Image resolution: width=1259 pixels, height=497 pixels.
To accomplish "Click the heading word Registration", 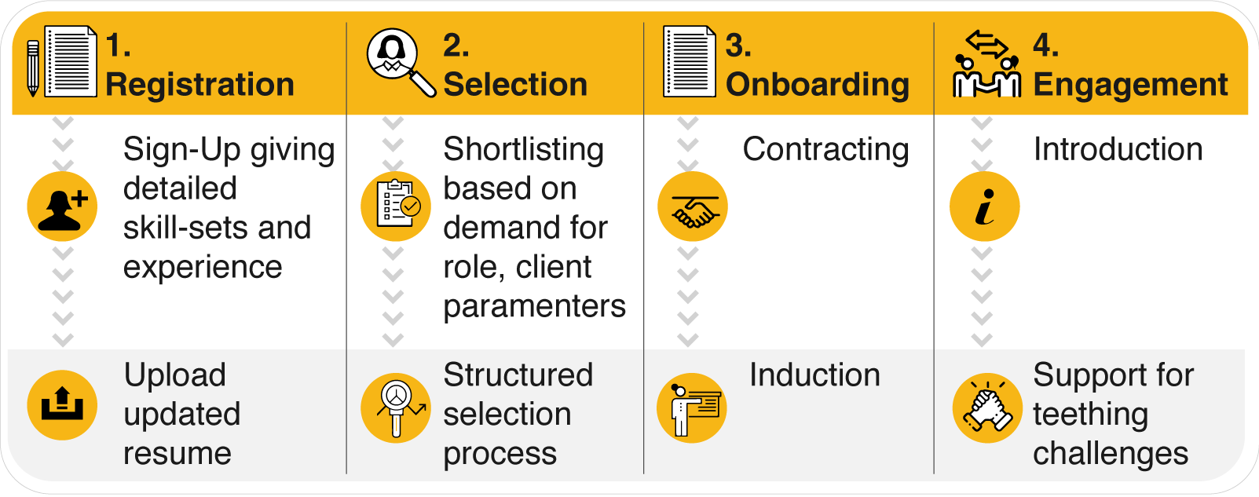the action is tap(199, 85).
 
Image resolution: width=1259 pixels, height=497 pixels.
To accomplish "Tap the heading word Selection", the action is tap(515, 85).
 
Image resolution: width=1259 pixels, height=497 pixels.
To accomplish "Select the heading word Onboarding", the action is tap(818, 86).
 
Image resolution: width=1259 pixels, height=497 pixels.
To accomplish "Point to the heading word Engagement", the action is tap(1130, 86).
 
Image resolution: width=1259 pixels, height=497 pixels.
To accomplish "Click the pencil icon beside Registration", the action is tap(33, 68).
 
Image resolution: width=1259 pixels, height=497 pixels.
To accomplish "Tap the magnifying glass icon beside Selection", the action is tap(401, 62).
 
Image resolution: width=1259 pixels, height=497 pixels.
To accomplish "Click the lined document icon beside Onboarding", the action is tap(690, 61).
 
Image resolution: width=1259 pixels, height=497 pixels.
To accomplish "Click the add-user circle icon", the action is tap(62, 206).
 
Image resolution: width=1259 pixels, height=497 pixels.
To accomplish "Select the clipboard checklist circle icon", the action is tap(396, 206).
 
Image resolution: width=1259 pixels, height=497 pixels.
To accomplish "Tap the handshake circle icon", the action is tap(693, 206).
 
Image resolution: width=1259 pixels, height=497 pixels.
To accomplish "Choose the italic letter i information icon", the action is tap(985, 206).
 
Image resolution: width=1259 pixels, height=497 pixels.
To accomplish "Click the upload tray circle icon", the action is tap(62, 405).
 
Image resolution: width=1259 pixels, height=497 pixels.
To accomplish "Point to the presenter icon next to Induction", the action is tap(692, 408).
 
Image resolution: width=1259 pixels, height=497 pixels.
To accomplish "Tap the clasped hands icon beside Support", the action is tap(987, 408).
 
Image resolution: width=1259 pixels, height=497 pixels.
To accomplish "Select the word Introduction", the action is tap(1118, 149).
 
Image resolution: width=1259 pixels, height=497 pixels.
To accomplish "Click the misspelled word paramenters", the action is tap(535, 308).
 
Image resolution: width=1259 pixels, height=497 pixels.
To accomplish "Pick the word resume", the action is tap(178, 454).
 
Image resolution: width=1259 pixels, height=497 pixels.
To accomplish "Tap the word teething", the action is tap(1090, 415).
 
